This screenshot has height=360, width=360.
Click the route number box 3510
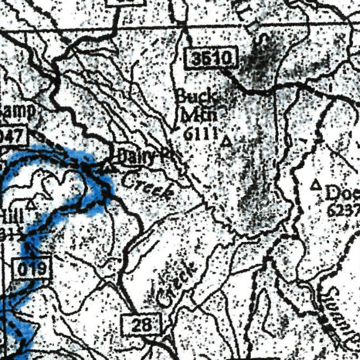pyautogui.click(x=212, y=59)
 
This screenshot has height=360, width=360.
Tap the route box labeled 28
pyautogui.click(x=141, y=324)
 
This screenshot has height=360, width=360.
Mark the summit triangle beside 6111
pyautogui.click(x=227, y=141)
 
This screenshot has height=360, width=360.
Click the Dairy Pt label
pyautogui.click(x=141, y=157)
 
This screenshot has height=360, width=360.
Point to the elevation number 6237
pyautogui.click(x=343, y=210)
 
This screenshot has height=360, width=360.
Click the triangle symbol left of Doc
pyautogui.click(x=316, y=186)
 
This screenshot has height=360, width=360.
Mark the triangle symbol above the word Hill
pyautogui.click(x=31, y=204)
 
